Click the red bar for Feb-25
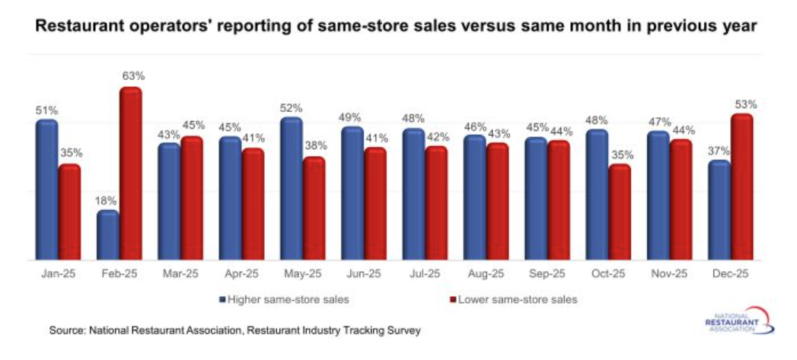tap(130, 175)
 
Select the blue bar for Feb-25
tap(107, 236)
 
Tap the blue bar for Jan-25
tap(46, 190)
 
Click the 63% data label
tap(132, 75)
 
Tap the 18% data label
tap(106, 200)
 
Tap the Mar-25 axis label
tap(180, 273)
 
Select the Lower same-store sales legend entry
tap(517, 299)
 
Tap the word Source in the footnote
tap(65, 330)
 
